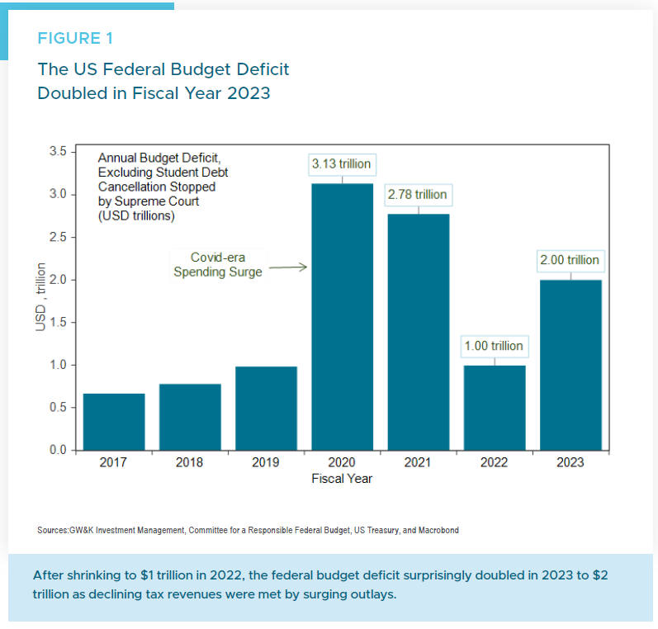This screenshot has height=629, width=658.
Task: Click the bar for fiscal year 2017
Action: (x=114, y=422)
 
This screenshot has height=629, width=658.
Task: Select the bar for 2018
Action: (x=190, y=417)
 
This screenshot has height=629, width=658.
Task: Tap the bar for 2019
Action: (x=266, y=409)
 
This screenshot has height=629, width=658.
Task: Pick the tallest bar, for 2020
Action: (x=342, y=317)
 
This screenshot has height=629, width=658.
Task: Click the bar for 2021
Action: (x=418, y=332)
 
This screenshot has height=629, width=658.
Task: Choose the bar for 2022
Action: (x=494, y=408)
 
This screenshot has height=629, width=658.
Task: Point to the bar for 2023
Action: (x=570, y=365)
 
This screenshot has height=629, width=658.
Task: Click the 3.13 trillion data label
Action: (x=341, y=163)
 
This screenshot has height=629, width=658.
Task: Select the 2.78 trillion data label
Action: (x=417, y=195)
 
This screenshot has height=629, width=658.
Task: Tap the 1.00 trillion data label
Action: (x=494, y=346)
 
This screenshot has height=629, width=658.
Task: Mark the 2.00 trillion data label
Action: (x=570, y=260)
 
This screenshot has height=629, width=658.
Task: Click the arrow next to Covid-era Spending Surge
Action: (x=288, y=267)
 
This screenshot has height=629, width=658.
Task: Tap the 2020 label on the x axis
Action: (x=342, y=462)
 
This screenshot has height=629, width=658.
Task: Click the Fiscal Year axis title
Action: (x=342, y=479)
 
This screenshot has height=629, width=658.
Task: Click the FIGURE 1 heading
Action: (x=76, y=38)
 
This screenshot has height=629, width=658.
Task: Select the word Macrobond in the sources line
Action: (x=438, y=530)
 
